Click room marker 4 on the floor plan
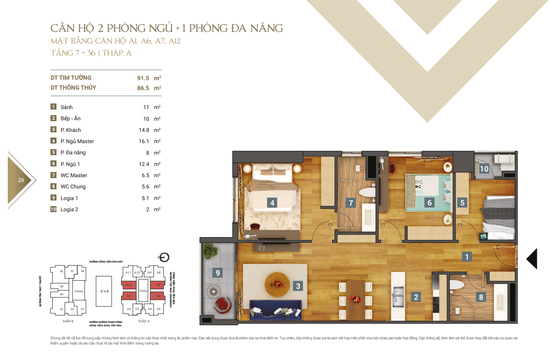coord(271,203)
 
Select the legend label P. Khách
coord(71,130)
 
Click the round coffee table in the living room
coord(276,284)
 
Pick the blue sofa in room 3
coord(276,310)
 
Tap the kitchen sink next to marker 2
coord(397,295)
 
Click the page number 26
coord(21,180)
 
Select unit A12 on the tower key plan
coord(129,285)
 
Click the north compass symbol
coord(163,257)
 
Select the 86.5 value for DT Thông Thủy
coord(143,88)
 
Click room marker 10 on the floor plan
coord(484,169)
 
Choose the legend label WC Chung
coord(73,187)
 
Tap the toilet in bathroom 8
coord(457,284)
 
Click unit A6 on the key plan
coord(158,296)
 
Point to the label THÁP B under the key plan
coord(68,322)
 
